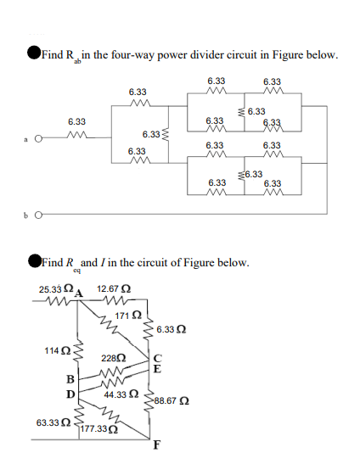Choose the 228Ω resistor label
[115, 357]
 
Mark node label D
[70, 394]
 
